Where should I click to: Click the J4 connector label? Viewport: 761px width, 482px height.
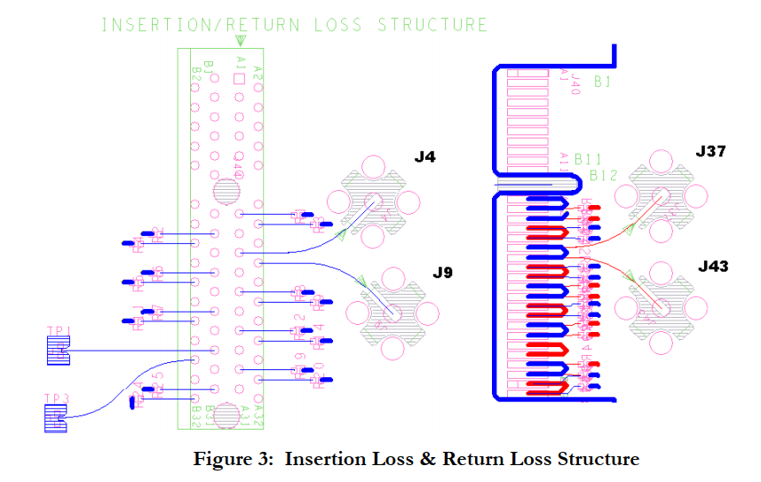point(425,158)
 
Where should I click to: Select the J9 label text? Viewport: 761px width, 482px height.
point(442,273)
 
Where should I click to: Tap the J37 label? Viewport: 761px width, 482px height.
point(710,152)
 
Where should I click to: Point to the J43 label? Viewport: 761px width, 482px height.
point(713,266)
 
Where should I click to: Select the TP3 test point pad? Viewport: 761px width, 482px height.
point(56,417)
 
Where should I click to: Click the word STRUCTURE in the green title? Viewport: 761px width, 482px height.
point(432,24)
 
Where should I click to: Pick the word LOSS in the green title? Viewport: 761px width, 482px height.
point(337,24)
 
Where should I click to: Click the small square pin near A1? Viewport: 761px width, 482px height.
point(238,80)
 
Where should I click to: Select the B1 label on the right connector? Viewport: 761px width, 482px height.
point(603,83)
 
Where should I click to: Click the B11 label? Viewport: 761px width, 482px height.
point(588,160)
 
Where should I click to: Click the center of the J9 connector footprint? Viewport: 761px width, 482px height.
point(392,312)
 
